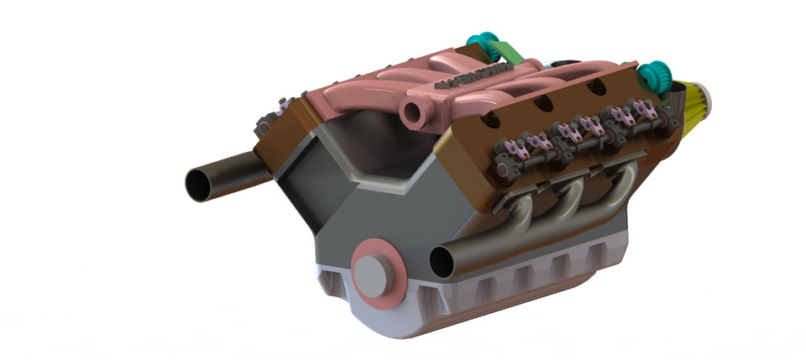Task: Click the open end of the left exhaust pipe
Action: [x=200, y=184]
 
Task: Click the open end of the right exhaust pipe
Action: [x=442, y=263]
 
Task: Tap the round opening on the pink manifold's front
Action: [x=413, y=110]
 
